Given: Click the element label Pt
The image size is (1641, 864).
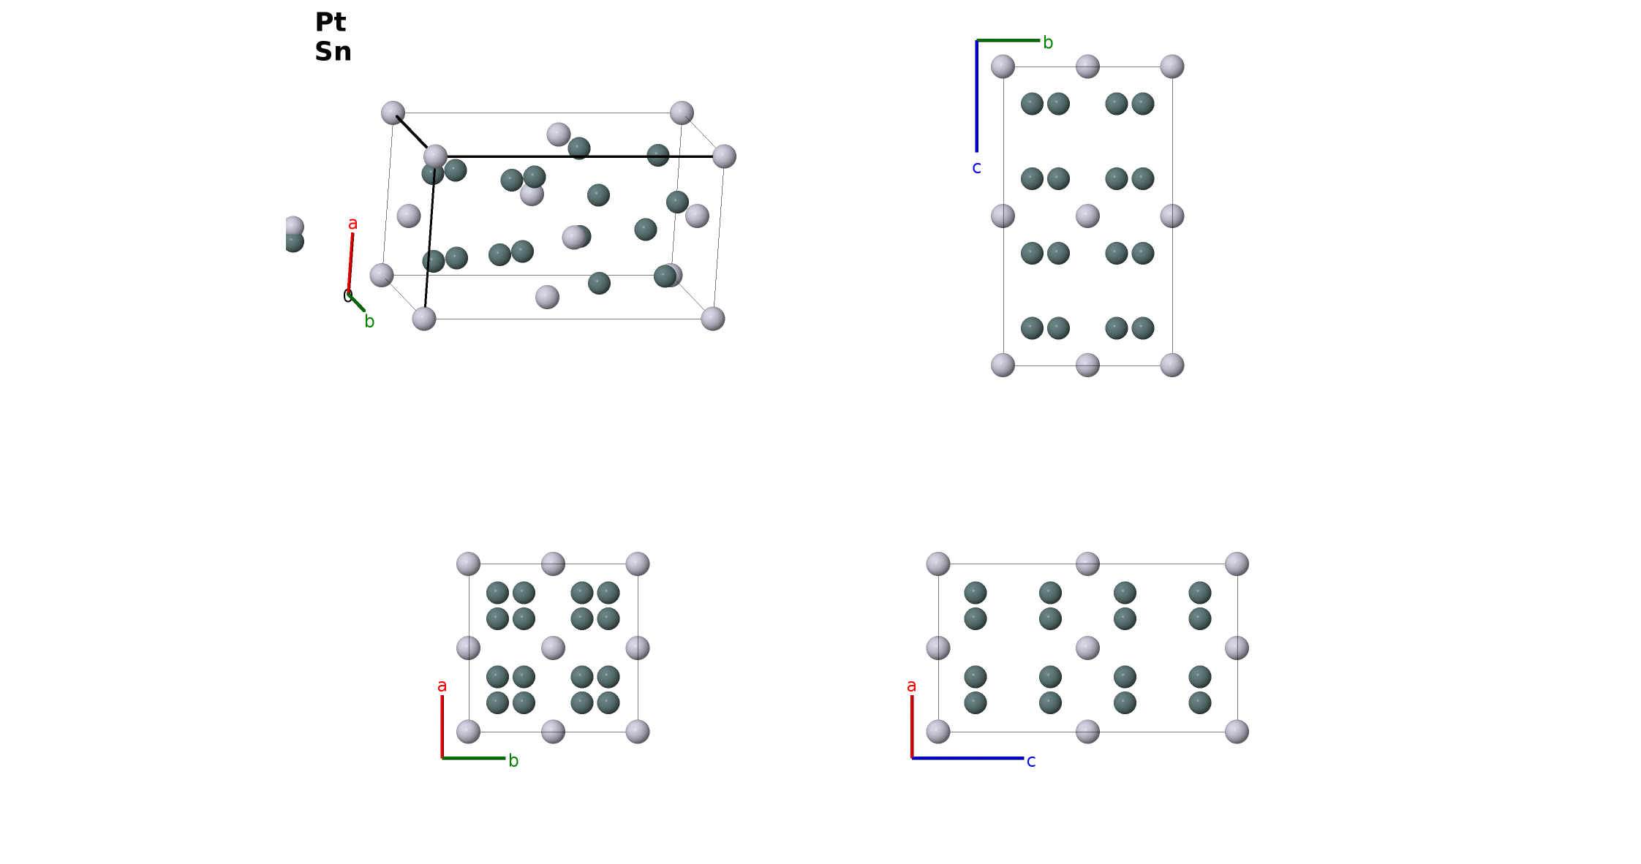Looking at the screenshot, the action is pyautogui.click(x=331, y=22).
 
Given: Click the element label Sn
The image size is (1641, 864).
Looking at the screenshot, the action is pyautogui.click(x=333, y=52).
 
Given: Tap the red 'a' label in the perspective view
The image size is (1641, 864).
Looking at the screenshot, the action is pyautogui.click(x=352, y=224).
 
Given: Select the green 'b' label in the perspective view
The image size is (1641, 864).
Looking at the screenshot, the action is pyautogui.click(x=369, y=321).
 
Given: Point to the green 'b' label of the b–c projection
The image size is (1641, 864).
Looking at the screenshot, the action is pyautogui.click(x=1048, y=42).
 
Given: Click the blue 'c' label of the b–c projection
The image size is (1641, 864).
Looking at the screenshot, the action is pyautogui.click(x=976, y=168).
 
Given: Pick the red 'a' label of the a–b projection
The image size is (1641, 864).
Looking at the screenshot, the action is pyautogui.click(x=442, y=686).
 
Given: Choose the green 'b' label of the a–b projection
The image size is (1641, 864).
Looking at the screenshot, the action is pyautogui.click(x=513, y=761).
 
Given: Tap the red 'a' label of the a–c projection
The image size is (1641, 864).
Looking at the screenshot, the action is pyautogui.click(x=911, y=686).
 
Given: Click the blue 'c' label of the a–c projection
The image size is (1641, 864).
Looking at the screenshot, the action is pyautogui.click(x=1031, y=762).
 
